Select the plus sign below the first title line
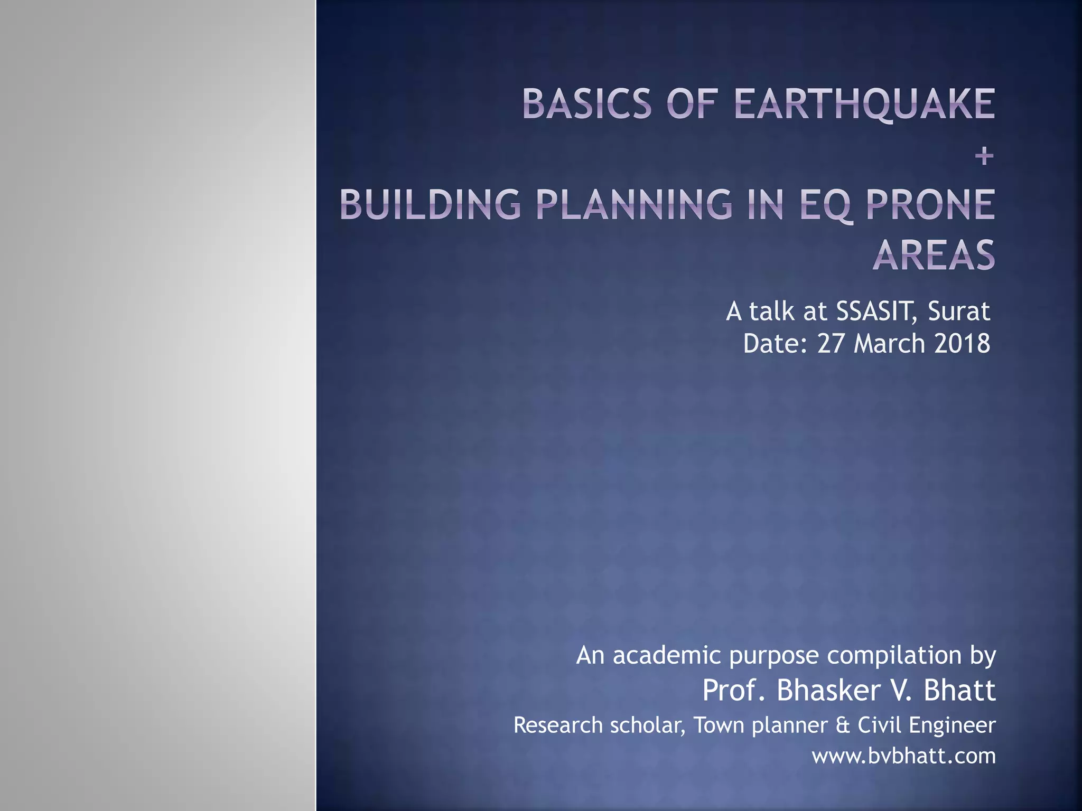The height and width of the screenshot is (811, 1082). click(x=984, y=156)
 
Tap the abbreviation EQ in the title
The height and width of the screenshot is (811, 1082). click(x=825, y=205)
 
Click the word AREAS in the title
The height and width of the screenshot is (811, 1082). click(x=934, y=255)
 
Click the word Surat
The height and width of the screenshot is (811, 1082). click(x=958, y=312)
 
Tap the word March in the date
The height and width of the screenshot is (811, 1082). click(x=889, y=344)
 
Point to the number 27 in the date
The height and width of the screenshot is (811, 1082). click(x=831, y=344)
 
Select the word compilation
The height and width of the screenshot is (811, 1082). click(x=894, y=655)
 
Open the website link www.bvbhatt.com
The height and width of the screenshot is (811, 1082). click(x=903, y=756)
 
